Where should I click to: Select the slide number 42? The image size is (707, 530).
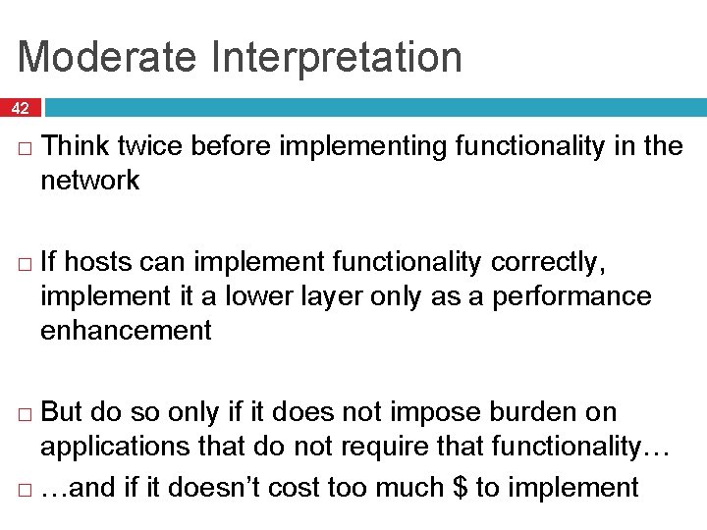tap(21, 108)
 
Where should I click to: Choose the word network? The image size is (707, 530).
tap(89, 181)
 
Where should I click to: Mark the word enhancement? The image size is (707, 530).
tap(126, 331)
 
